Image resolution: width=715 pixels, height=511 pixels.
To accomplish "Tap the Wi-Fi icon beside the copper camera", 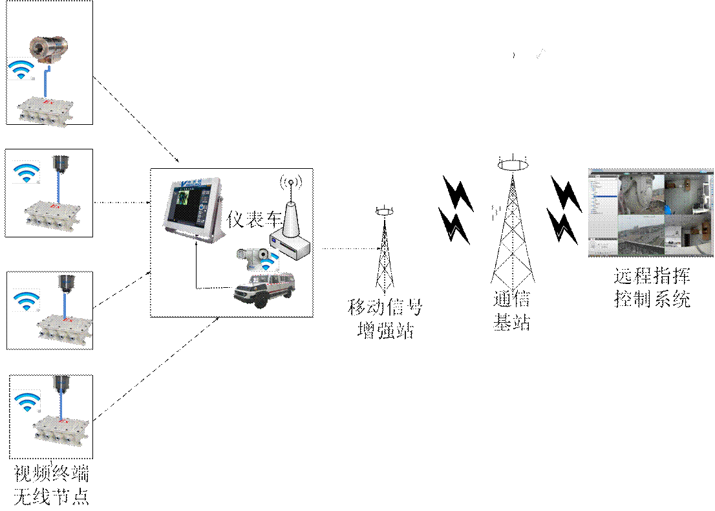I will (21, 69).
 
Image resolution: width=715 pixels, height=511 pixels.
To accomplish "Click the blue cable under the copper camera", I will (45, 81).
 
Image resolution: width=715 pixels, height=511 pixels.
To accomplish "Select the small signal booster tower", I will (385, 255).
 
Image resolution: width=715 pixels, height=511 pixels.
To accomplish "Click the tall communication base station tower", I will (513, 233).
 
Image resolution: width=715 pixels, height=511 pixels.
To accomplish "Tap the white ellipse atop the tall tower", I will (513, 164).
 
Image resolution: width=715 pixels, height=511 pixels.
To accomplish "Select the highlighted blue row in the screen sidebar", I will (602, 195).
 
